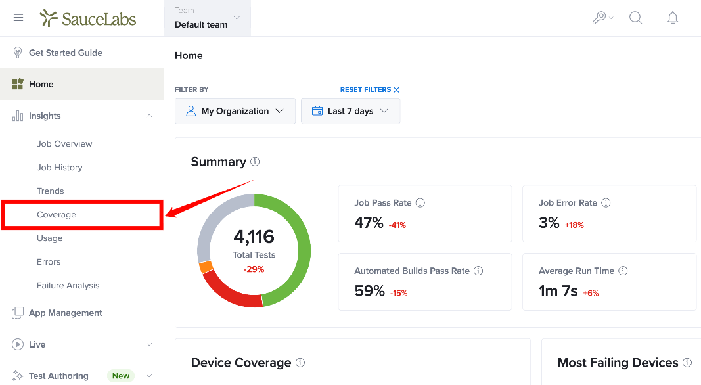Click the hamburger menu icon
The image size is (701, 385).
(x=18, y=18)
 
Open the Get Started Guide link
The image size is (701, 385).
(x=65, y=53)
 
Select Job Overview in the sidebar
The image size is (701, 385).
(x=64, y=143)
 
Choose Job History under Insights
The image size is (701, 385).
(x=60, y=168)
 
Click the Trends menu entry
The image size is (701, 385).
(x=50, y=191)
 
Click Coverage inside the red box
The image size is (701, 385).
(x=57, y=215)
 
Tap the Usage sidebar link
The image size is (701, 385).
(x=50, y=238)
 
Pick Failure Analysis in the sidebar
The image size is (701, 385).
(x=68, y=285)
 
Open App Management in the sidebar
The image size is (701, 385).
(x=65, y=313)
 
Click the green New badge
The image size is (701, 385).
(x=121, y=376)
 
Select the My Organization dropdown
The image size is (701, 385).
(x=235, y=111)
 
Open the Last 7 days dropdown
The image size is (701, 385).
(x=351, y=111)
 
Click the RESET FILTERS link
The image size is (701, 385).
(x=370, y=89)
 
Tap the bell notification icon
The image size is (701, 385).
(x=672, y=18)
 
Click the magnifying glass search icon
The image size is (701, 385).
(x=636, y=18)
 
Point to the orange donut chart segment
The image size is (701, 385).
(x=206, y=267)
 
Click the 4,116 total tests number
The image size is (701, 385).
(x=254, y=237)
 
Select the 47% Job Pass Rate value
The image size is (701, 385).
(x=369, y=222)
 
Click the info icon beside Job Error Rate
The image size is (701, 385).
(x=606, y=202)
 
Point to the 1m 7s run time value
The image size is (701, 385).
(x=558, y=290)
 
